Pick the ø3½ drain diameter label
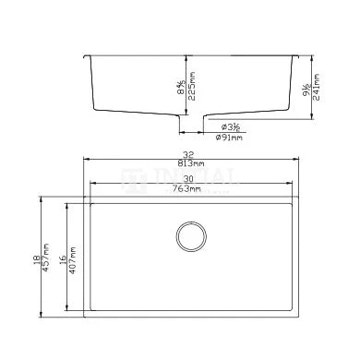[x=229, y=127]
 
